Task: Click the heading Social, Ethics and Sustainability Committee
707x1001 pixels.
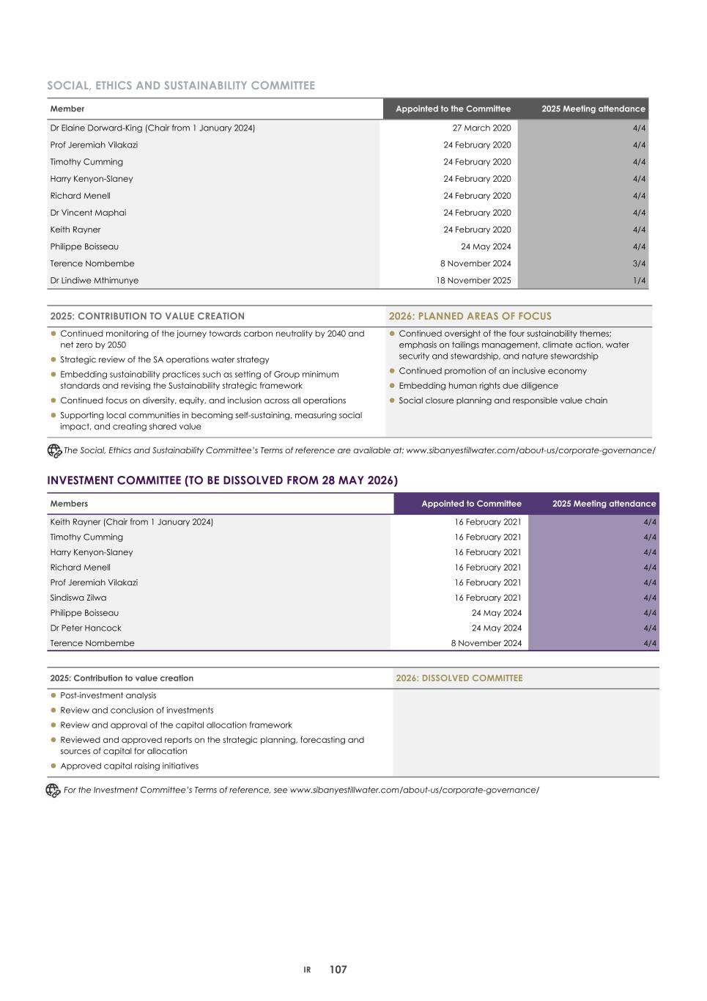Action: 181,86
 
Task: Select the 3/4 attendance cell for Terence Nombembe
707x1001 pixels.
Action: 639,264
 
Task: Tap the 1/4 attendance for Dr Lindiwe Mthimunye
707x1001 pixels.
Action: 639,281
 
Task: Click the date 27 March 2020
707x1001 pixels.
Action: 481,128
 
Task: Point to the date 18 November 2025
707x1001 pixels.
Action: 473,281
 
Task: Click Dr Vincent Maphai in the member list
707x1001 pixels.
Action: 88,213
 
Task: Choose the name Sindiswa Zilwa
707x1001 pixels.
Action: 78,598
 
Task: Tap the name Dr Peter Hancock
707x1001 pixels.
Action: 86,628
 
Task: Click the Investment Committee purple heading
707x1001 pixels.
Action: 222,481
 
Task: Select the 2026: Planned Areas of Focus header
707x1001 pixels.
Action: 470,316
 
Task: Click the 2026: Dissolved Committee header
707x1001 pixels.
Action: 459,678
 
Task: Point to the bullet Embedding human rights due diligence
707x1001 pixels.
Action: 478,386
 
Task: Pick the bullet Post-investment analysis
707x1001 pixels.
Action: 108,696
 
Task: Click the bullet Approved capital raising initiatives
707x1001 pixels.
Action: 129,766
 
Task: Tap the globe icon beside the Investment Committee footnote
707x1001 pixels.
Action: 53,791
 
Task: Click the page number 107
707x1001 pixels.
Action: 338,969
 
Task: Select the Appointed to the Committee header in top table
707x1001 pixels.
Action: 453,109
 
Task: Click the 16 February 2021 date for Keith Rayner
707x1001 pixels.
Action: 487,522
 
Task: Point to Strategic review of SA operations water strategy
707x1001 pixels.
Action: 164,360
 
